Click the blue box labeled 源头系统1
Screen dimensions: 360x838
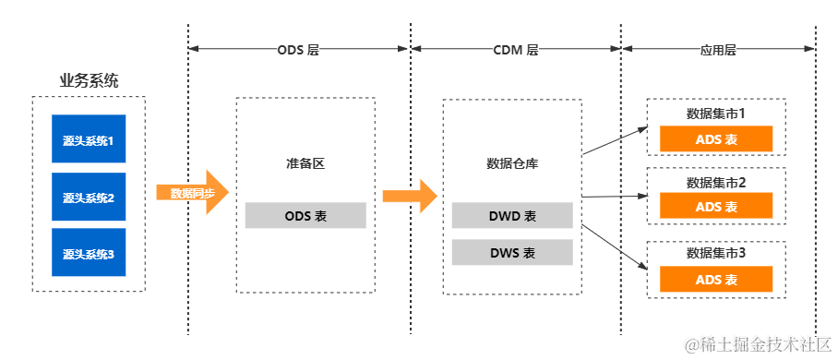(x=89, y=141)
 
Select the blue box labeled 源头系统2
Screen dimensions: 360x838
(x=89, y=198)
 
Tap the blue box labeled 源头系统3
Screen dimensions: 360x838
(x=89, y=254)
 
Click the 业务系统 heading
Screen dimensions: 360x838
(x=89, y=81)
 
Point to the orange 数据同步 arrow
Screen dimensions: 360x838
(x=192, y=193)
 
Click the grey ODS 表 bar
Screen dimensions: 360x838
(x=305, y=216)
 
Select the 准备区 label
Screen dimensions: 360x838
(x=305, y=164)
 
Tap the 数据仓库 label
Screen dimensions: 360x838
(x=512, y=164)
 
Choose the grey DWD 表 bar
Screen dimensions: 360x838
(x=512, y=216)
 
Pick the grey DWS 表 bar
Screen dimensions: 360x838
(x=512, y=252)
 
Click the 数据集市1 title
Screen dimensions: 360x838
(x=716, y=114)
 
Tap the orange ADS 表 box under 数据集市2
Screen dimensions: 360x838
(x=716, y=208)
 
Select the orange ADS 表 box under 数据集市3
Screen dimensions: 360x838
(x=716, y=280)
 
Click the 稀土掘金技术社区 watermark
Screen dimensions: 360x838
(x=756, y=342)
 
